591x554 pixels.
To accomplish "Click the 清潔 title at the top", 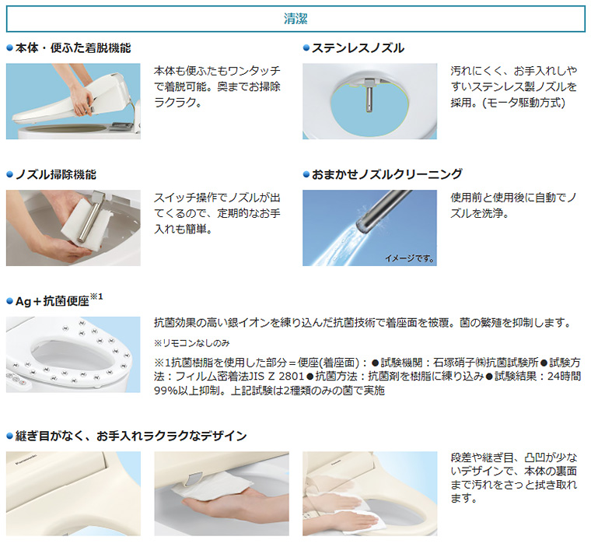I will [x=295, y=19].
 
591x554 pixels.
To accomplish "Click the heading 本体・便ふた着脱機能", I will [x=73, y=47].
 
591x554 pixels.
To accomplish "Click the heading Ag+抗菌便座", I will [x=54, y=300].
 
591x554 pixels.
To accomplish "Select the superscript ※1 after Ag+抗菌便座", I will [x=97, y=297].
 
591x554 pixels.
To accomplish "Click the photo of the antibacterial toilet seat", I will [x=73, y=354].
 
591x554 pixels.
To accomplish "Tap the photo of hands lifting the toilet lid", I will [x=73, y=101].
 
